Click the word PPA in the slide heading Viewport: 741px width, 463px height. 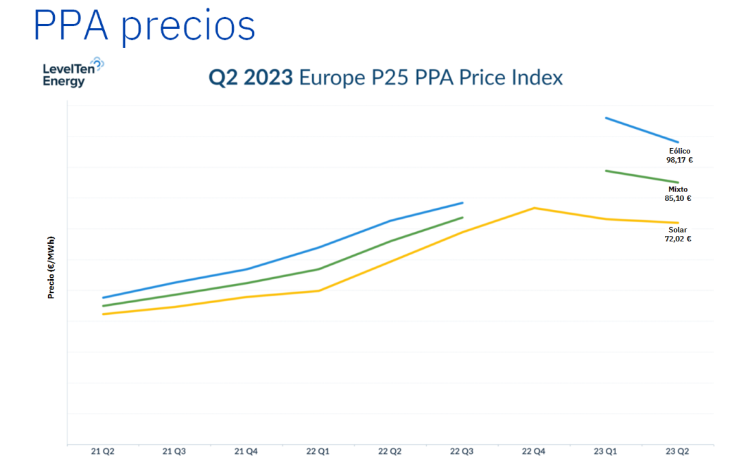pyautogui.click(x=70, y=26)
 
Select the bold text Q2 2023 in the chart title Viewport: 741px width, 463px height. pyautogui.click(x=250, y=78)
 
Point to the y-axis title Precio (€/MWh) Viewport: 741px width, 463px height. pyautogui.click(x=51, y=268)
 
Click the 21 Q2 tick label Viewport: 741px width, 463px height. pyautogui.click(x=103, y=451)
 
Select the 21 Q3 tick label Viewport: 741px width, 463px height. pyautogui.click(x=174, y=451)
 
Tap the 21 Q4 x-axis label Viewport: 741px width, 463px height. pyautogui.click(x=246, y=451)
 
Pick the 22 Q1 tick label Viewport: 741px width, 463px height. pyautogui.click(x=318, y=451)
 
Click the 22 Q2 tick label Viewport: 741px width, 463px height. pyautogui.click(x=390, y=451)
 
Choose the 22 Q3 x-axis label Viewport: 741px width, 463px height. pyautogui.click(x=462, y=451)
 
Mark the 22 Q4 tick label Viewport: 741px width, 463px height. pyautogui.click(x=534, y=451)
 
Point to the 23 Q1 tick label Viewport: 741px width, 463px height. pyautogui.click(x=605, y=451)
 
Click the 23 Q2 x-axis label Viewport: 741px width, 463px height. pyautogui.click(x=677, y=451)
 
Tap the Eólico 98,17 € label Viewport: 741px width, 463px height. pyautogui.click(x=679, y=155)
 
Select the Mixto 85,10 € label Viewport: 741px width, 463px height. pyautogui.click(x=678, y=193)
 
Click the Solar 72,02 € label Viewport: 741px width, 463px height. pyautogui.click(x=678, y=235)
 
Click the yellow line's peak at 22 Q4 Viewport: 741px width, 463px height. pyautogui.click(x=534, y=208)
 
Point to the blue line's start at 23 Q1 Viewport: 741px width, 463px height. pyautogui.click(x=606, y=118)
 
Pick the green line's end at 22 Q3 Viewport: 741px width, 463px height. pyautogui.click(x=462, y=217)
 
